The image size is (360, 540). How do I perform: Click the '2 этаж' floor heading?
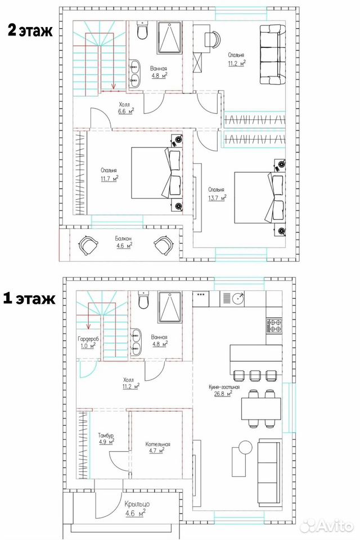coord(30,30)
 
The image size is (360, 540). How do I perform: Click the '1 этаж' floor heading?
coord(29,299)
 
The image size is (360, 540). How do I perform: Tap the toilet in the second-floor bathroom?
coord(142,30)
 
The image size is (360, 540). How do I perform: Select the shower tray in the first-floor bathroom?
coord(170,307)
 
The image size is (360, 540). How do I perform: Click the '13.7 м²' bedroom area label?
coord(217,197)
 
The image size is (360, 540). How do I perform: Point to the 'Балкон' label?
coord(123,238)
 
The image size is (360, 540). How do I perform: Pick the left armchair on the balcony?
coord(88,245)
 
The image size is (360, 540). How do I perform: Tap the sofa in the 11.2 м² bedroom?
coord(272,55)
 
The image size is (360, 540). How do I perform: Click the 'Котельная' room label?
coord(157,444)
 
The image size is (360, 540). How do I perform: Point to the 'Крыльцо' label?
coord(137,504)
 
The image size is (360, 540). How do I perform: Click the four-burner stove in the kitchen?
coord(274,326)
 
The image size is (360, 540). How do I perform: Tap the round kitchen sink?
coord(238,299)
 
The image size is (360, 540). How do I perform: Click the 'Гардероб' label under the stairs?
coord(88,339)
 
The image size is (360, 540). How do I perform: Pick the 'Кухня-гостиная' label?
coord(224,387)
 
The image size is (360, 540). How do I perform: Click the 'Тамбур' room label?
coord(106,435)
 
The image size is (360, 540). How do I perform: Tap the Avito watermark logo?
coord(327,525)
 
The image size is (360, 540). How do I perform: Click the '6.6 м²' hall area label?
coord(126,111)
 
